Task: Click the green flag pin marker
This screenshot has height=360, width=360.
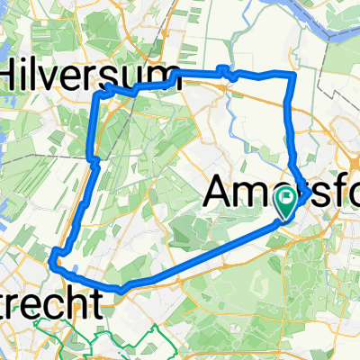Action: click(287, 202)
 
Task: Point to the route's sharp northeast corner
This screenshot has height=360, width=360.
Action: click(292, 77)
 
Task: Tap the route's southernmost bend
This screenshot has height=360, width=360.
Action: click(121, 288)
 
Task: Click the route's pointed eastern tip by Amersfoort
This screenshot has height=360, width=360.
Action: click(308, 193)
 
